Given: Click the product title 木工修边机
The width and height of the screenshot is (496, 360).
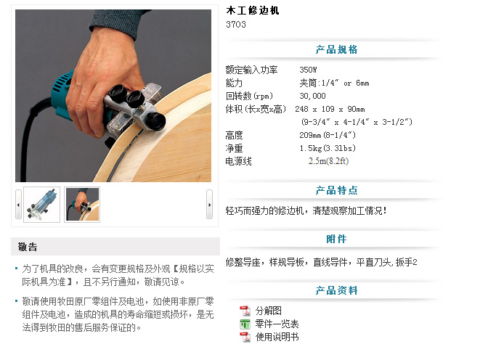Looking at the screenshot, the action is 253,10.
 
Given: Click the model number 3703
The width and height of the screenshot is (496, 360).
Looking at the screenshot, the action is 236,25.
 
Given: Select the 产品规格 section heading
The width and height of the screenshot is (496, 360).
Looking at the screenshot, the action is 336,49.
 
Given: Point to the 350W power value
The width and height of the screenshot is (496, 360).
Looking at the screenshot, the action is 308,70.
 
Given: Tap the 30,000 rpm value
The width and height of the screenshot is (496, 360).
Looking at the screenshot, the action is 312,96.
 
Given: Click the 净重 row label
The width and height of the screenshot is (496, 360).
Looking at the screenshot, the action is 234,148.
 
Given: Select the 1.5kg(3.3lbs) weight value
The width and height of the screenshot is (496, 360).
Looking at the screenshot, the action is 328,148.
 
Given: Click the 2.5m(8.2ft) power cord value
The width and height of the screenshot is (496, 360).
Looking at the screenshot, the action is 328,161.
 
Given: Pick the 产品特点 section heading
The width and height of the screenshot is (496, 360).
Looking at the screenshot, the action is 336,190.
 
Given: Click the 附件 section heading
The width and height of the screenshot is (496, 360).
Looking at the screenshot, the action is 336,239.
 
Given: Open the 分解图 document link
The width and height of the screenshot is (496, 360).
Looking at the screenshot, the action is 268,311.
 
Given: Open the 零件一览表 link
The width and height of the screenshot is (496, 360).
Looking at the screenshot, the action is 277,324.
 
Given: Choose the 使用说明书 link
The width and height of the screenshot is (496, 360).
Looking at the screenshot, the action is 277,337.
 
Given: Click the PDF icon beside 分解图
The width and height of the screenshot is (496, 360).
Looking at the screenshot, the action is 245,311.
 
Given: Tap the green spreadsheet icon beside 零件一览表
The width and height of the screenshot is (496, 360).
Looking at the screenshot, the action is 245,324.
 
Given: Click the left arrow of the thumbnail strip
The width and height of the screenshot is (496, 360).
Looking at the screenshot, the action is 18,205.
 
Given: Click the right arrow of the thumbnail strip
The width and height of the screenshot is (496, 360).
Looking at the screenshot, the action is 209,205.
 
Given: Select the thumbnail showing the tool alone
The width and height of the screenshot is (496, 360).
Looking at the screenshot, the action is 41,205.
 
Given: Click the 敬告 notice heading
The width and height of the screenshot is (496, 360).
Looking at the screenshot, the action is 28,247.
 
